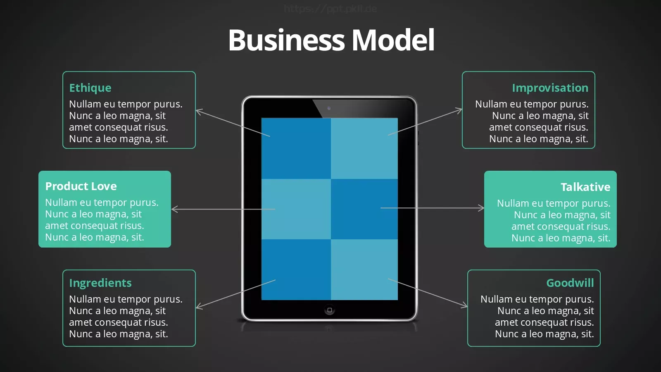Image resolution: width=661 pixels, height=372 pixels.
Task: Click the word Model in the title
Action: (393, 40)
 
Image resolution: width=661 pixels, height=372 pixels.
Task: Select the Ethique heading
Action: (90, 88)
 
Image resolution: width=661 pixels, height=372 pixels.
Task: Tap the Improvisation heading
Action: (550, 88)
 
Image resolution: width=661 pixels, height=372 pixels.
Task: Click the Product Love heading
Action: (81, 186)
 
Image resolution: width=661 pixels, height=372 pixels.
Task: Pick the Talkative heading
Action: (585, 187)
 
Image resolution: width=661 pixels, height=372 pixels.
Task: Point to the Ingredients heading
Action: (100, 283)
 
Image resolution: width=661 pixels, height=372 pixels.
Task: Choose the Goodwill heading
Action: (570, 283)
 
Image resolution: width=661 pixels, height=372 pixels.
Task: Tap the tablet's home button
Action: (330, 310)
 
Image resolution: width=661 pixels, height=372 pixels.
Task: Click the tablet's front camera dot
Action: (329, 108)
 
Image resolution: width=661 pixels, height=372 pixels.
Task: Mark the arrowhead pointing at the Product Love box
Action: (174, 209)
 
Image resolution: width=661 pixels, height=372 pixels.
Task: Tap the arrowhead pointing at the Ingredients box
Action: (199, 306)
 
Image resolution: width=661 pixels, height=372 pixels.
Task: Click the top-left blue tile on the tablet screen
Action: (296, 148)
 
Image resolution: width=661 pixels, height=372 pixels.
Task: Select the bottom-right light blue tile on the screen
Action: (364, 269)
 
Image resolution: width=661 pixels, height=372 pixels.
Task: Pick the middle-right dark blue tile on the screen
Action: (364, 209)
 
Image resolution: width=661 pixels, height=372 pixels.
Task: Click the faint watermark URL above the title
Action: (330, 9)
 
